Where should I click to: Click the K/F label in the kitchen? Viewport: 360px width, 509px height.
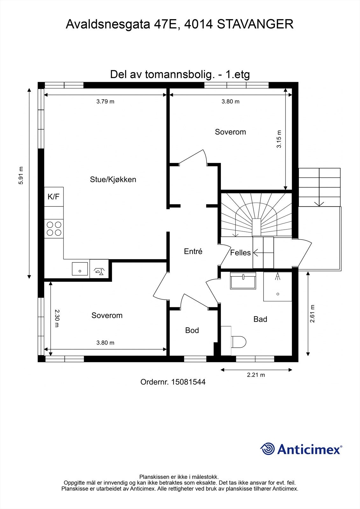point(53,197)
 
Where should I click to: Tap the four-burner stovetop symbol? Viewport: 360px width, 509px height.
point(54,229)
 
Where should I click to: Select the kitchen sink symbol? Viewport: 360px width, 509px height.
point(80,269)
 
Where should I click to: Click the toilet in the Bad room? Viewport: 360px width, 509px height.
point(238,342)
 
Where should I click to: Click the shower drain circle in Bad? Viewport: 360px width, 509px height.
point(278,294)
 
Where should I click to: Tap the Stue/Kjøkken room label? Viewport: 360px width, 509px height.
point(113,179)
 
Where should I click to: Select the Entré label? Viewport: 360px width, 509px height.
point(193,251)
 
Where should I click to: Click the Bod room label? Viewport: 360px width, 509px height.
point(192,330)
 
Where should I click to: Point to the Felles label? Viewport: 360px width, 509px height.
point(240,253)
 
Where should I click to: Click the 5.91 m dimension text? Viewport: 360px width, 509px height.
point(21,176)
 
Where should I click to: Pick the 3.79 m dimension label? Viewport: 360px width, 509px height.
point(105,101)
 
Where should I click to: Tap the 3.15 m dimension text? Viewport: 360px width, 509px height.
point(279,139)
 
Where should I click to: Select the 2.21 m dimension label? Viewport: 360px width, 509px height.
point(256,375)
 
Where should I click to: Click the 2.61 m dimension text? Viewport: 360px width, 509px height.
point(312,314)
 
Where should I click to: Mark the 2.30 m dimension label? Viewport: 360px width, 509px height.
point(57,318)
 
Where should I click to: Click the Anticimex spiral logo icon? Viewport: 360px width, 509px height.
point(267,449)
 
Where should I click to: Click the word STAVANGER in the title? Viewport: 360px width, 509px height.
point(255,24)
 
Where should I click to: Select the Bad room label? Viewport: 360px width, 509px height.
point(260,319)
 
